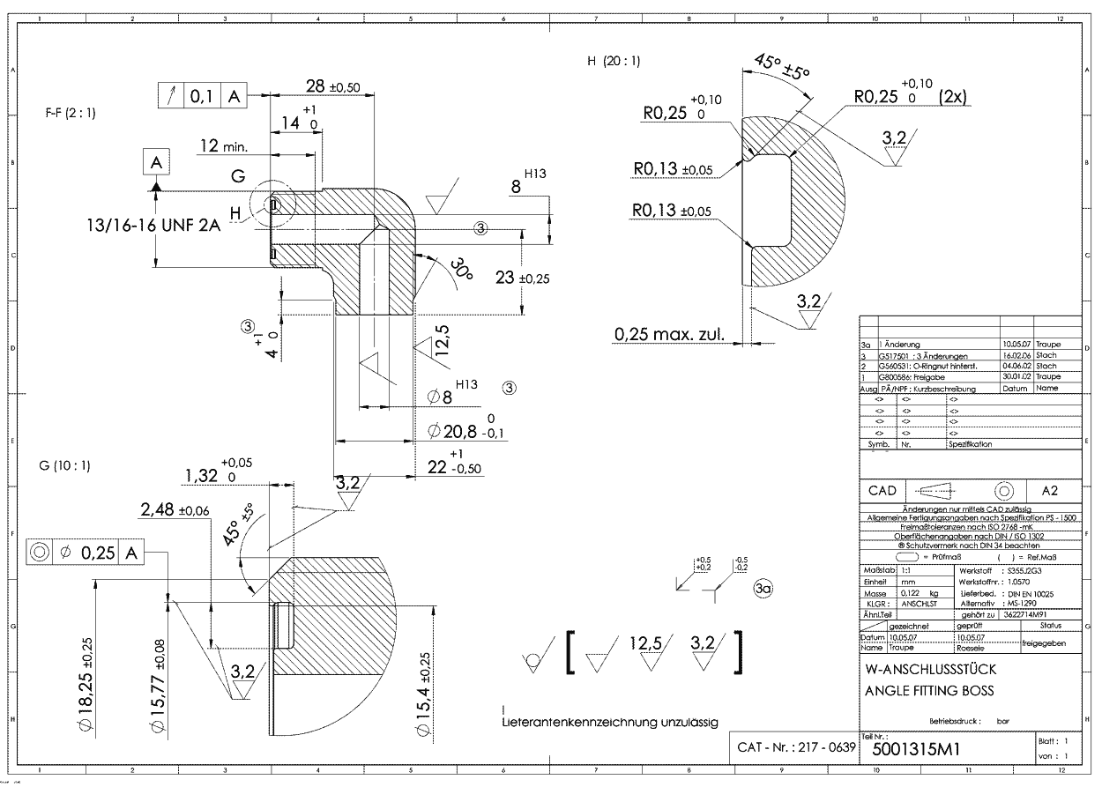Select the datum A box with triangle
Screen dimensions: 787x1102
[156, 164]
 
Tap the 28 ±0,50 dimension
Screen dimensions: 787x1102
[331, 85]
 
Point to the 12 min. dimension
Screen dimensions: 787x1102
[223, 145]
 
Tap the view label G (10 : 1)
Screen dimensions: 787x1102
[65, 464]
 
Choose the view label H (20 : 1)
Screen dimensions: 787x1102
[614, 62]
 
